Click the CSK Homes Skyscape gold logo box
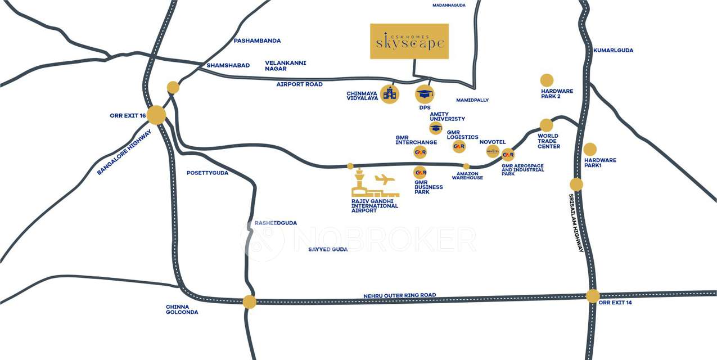pos(409,41)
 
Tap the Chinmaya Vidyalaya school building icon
pos(389,94)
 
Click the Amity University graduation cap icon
pos(436,128)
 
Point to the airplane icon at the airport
pos(385,180)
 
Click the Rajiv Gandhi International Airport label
pos(375,206)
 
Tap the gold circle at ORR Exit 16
pos(156,115)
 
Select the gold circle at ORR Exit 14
pos(593,296)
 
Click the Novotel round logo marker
pos(493,151)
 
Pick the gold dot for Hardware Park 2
pos(547,80)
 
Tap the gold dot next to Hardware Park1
pos(590,149)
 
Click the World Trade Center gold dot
pos(547,125)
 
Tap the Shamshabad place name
pos(228,65)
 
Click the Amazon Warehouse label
pos(467,176)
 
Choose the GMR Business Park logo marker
pos(420,173)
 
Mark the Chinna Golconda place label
pos(182,309)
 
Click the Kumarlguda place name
pos(613,51)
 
